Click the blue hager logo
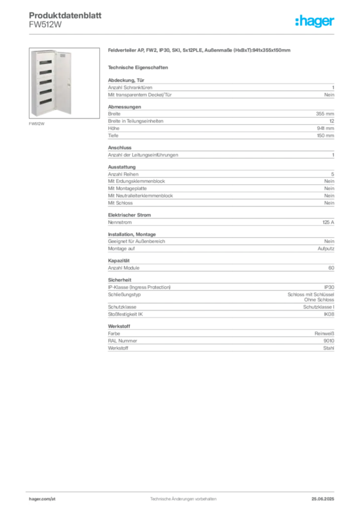coord(315,21)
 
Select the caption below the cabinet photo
coord(37,123)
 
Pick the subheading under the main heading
coord(139,67)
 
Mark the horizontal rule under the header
coord(183,34)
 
